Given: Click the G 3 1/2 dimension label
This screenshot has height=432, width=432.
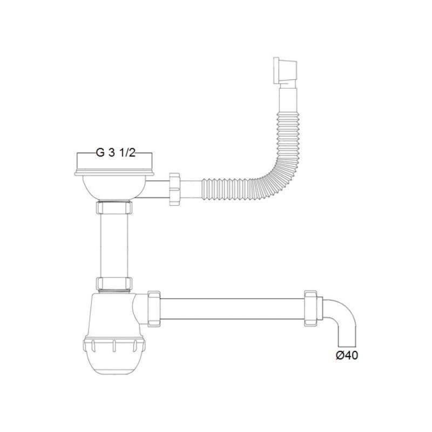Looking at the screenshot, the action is point(116,152).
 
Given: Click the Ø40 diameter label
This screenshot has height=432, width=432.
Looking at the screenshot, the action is point(347,355).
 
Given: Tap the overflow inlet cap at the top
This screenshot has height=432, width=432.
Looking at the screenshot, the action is point(285,71).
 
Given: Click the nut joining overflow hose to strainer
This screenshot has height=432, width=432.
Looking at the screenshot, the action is point(174,189).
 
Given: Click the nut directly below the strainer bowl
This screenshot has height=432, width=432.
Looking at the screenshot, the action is point(114,207).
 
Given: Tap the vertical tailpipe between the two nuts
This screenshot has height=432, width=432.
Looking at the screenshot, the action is point(114,246).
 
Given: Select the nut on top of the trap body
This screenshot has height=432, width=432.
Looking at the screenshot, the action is point(114,284).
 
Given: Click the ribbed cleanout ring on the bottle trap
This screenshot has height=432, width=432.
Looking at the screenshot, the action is point(114,345).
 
